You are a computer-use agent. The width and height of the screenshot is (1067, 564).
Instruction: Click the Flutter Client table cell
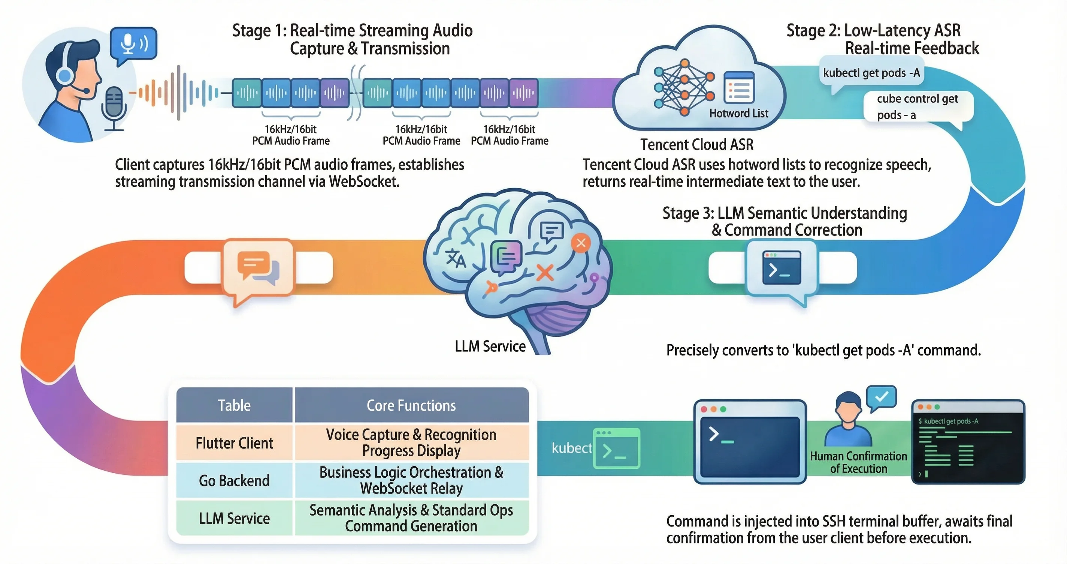tap(235, 443)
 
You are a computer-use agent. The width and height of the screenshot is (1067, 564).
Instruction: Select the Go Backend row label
tap(235, 481)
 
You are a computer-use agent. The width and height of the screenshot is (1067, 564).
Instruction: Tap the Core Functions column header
tap(411, 405)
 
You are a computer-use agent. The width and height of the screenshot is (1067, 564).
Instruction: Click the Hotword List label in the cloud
tap(738, 113)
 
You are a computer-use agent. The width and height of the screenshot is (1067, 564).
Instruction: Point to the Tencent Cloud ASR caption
tap(697, 144)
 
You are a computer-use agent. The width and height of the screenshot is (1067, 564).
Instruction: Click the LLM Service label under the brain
tap(490, 346)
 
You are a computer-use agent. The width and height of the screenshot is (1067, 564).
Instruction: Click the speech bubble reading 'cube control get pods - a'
tap(918, 106)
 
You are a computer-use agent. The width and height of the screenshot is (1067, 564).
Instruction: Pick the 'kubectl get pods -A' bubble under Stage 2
tap(871, 73)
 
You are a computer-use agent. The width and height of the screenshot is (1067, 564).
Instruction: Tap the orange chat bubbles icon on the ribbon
tap(258, 267)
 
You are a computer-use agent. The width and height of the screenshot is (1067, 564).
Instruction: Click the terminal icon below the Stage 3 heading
tap(782, 268)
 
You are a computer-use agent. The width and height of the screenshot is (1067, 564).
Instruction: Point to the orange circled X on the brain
tap(581, 243)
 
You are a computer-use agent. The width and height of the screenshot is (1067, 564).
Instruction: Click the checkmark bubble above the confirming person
tap(882, 397)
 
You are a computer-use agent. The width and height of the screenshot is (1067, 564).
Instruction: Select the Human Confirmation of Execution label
tap(858, 462)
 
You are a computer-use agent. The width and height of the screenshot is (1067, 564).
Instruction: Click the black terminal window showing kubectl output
tap(968, 442)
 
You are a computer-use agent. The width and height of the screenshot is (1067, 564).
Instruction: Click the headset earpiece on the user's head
tap(65, 76)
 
